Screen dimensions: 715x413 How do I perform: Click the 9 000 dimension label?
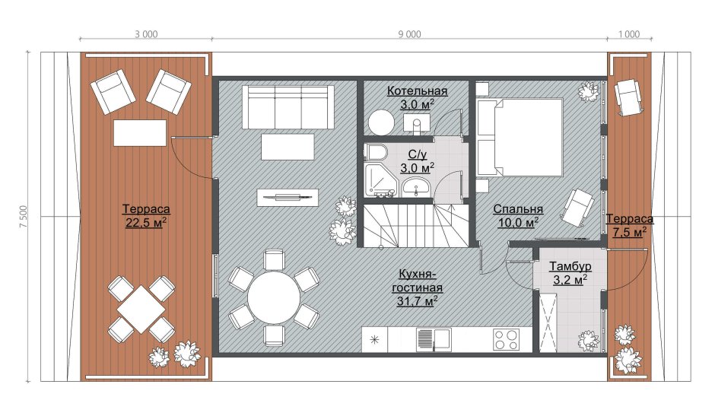409,34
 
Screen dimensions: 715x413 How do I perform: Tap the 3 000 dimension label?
146,34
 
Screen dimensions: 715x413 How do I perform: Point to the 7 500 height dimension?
24,217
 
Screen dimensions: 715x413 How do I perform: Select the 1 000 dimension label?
629,34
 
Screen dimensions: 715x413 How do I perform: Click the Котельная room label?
418,91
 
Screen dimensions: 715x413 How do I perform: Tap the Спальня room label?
518,209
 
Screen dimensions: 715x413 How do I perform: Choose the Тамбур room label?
570,265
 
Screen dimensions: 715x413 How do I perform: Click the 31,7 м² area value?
418,301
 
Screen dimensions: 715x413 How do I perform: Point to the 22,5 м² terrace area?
146,223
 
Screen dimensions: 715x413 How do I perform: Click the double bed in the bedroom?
520,137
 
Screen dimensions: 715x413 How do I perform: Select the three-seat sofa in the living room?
288,107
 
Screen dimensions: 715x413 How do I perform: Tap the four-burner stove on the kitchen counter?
506,340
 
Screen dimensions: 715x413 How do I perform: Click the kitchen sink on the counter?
434,340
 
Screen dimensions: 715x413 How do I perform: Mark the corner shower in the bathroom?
381,179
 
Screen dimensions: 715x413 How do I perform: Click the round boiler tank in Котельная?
381,122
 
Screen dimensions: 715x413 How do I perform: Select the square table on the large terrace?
141,309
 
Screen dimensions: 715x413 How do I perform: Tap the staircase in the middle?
416,226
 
